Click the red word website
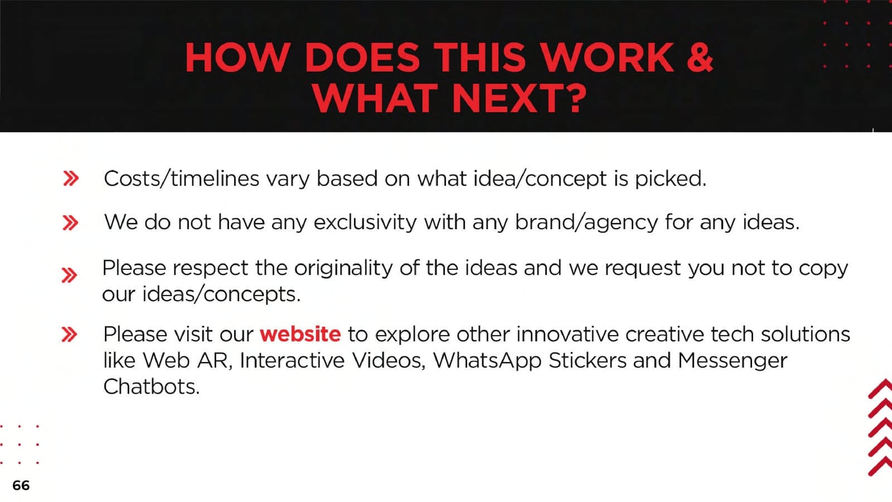300,334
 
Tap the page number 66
21,485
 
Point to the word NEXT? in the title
520,98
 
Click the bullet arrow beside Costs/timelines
71,178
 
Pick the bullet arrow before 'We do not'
70,223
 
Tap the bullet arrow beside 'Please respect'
69,276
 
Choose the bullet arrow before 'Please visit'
69,334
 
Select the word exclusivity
365,222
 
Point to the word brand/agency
586,223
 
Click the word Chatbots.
151,387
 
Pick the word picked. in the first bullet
671,179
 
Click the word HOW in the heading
237,57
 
